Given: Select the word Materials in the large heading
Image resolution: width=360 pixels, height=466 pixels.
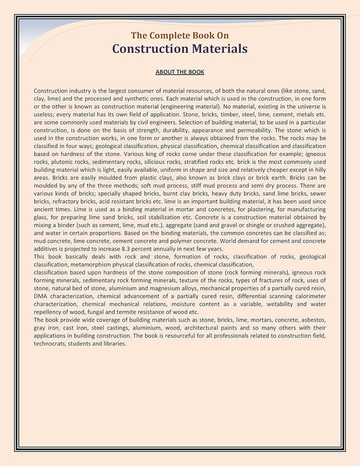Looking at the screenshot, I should pos(212,48).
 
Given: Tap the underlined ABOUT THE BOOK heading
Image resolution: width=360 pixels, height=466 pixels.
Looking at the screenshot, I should pos(180,72).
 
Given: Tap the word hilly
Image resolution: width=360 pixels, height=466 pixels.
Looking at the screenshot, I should pos(317,170).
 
